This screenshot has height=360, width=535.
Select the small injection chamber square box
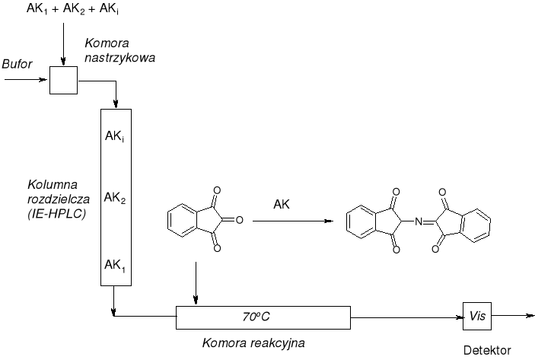63,80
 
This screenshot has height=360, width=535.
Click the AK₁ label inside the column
116,266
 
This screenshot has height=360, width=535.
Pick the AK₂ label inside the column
116,199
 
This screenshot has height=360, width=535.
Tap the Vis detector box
477,314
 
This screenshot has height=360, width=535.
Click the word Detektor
488,352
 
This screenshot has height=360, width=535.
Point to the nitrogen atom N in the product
418,222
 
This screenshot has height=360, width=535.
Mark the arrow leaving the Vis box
511,314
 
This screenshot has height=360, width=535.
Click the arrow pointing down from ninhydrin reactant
196,282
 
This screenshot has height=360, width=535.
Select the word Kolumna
49,185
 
